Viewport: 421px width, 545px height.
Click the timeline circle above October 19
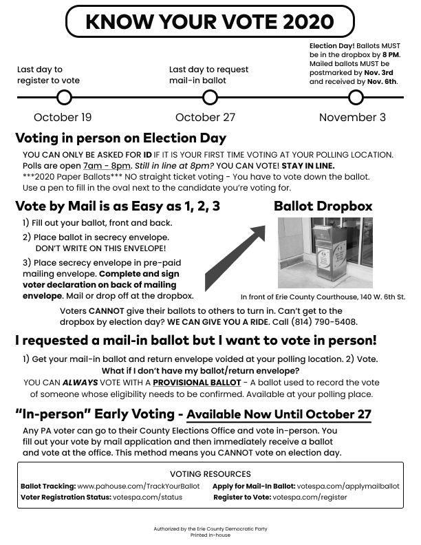pos(63,98)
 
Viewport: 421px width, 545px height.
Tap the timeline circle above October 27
pos(205,98)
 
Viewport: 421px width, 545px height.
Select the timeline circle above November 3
pos(356,98)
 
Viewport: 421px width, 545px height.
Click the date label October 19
pos(63,118)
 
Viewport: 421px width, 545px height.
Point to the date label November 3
pos(352,118)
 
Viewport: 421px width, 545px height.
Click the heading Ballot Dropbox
pos(323,206)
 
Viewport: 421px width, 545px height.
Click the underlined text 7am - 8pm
pos(107,166)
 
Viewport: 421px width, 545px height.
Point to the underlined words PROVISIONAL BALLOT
pos(197,382)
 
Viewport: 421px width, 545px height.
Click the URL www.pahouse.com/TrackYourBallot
pos(138,486)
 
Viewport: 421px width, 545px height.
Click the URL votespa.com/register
pos(310,496)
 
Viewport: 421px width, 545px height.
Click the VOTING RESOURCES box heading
pos(210,474)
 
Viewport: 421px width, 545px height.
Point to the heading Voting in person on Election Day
pos(120,138)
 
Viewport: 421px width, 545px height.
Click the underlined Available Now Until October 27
pos(279,415)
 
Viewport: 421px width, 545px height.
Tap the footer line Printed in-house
pos(210,534)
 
